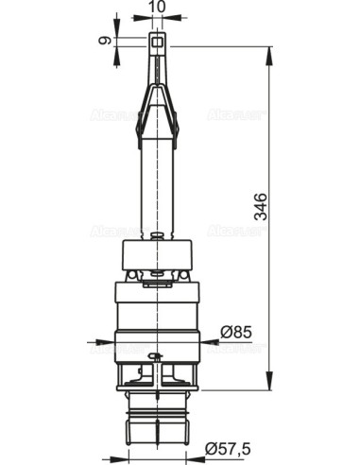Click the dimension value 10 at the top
click(158, 7)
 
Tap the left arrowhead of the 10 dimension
click(146, 17)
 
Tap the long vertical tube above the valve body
click(158, 189)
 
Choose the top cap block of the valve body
click(157, 254)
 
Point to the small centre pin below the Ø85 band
click(157, 356)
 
